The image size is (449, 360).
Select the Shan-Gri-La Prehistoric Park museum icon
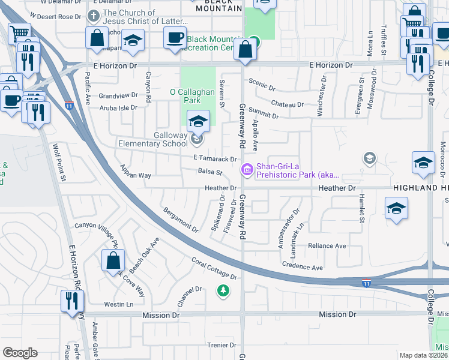point(246,170)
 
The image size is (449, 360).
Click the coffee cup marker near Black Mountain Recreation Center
point(175,37)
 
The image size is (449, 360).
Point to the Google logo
point(20,353)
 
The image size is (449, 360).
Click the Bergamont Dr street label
point(180,219)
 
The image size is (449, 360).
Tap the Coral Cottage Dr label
point(214,268)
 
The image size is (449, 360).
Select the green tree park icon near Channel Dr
point(223,291)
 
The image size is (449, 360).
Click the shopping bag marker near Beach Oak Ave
point(113,261)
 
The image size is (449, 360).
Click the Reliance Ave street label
point(327,246)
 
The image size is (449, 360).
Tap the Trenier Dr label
point(222,345)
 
